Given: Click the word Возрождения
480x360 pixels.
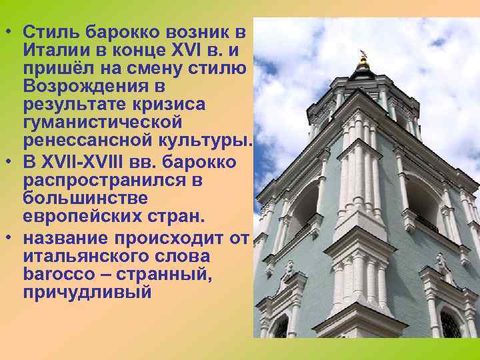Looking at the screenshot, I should click(x=84, y=87).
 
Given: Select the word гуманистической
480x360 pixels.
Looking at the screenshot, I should click(x=102, y=123).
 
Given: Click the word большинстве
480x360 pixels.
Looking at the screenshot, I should click(x=83, y=198).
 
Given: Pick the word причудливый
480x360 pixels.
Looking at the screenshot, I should click(x=87, y=292).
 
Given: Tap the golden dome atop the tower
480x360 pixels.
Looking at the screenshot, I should click(x=363, y=63).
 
